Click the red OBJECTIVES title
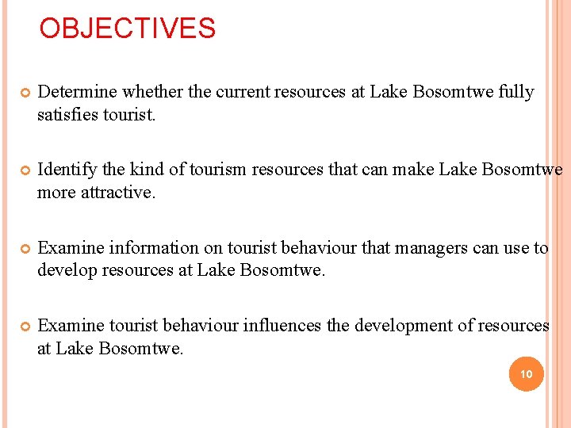click(x=128, y=29)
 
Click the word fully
click(x=516, y=93)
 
